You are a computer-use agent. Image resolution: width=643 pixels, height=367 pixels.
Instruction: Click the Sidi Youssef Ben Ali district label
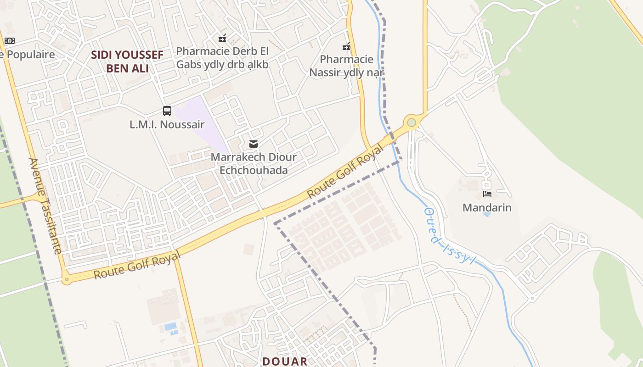[x=127, y=61]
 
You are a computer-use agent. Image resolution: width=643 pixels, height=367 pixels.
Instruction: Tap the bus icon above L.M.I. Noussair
[x=167, y=111]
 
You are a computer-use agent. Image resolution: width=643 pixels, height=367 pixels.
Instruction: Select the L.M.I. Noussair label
[x=167, y=124]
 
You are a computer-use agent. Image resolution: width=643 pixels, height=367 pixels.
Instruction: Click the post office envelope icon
[x=253, y=144]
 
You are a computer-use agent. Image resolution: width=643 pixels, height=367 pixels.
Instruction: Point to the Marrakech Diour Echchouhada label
[x=254, y=164]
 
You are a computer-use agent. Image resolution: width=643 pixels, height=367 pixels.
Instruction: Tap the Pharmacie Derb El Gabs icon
[x=222, y=38]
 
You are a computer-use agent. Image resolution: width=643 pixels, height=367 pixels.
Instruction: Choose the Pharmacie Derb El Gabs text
[x=222, y=58]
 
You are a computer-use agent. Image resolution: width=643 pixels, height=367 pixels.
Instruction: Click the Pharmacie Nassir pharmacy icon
[x=346, y=46]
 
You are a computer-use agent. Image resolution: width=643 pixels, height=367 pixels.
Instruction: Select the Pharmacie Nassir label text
[x=346, y=66]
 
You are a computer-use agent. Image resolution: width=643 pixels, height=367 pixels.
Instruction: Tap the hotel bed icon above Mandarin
[x=487, y=194]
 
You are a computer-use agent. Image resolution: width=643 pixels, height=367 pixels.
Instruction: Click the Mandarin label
[x=487, y=207]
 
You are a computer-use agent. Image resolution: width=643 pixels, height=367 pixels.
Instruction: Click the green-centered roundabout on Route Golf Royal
[x=412, y=122]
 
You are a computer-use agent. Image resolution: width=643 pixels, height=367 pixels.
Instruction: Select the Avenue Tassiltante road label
[x=45, y=206]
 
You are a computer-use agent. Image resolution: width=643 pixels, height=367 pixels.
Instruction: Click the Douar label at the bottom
[x=285, y=361]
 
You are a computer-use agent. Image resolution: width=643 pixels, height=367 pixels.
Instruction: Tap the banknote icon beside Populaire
[x=9, y=41]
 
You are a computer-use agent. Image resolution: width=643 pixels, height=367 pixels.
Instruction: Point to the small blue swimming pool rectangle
[x=170, y=326]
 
